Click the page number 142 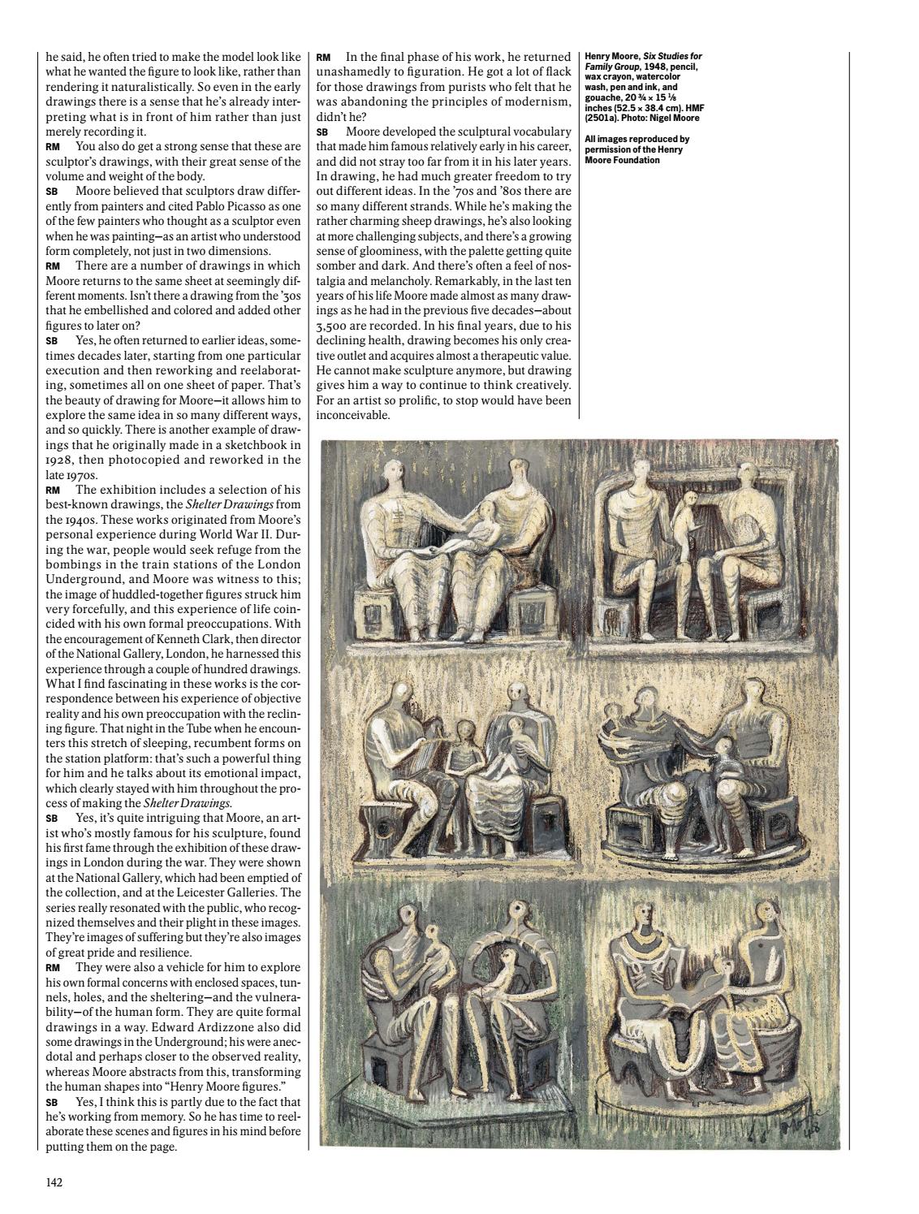coord(54,1182)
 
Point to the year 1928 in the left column coord(60,460)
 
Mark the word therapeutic coord(500,356)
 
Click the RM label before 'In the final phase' coord(323,58)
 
